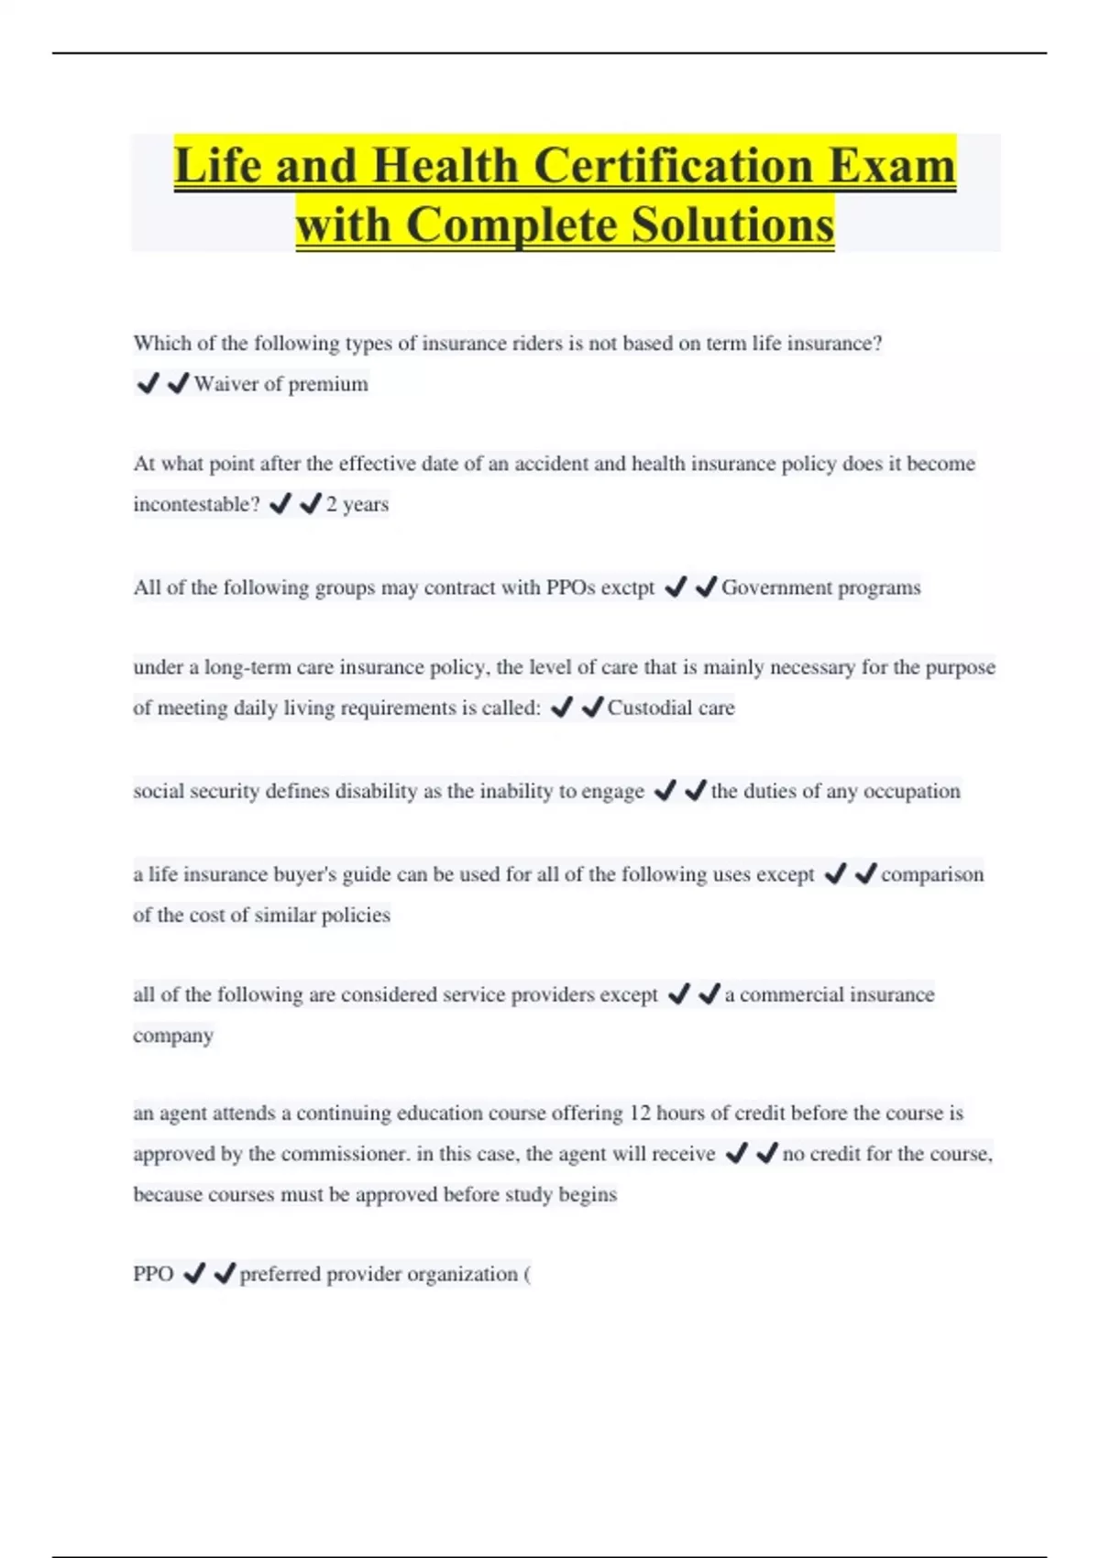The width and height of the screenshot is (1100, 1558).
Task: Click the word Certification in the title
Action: (x=674, y=166)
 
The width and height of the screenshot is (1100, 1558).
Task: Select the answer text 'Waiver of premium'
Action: (x=280, y=384)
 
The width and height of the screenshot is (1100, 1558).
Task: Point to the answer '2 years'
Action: (x=357, y=504)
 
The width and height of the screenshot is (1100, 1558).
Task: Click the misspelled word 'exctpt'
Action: (x=627, y=587)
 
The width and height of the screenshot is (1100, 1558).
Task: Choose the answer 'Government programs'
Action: (x=820, y=587)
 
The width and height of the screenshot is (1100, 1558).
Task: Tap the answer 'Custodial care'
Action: (x=671, y=708)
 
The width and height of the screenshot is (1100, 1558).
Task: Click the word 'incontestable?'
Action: (x=196, y=504)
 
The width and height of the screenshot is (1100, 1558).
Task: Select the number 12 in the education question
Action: (x=639, y=1114)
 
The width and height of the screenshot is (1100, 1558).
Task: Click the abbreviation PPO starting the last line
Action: (x=153, y=1274)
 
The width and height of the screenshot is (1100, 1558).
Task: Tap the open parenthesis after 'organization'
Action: (x=527, y=1274)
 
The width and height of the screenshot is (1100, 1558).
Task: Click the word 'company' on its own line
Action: (x=173, y=1036)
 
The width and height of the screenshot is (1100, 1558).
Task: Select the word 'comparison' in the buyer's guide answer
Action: (x=932, y=874)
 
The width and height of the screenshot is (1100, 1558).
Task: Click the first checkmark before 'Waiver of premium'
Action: (x=148, y=383)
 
